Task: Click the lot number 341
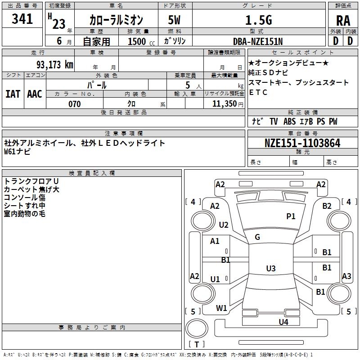pyautogui.click(x=22, y=19)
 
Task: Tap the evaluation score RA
pyautogui.click(x=343, y=21)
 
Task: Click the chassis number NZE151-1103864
pyautogui.click(x=302, y=143)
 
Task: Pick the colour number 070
pyautogui.click(x=75, y=104)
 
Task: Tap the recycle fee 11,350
pyautogui.click(x=224, y=104)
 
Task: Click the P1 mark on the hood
pyautogui.click(x=291, y=216)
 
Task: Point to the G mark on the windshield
pyautogui.click(x=257, y=237)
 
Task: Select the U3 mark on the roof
pyautogui.click(x=270, y=269)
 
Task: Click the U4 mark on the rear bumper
pyautogui.click(x=283, y=322)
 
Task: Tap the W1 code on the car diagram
pyautogui.click(x=221, y=308)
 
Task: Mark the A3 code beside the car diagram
pyautogui.click(x=346, y=276)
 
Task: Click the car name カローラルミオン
pyautogui.click(x=116, y=20)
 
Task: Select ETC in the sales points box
pyautogui.click(x=258, y=92)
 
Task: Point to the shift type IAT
pyautogui.click(x=13, y=94)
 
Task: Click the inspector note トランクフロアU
pyautogui.click(x=31, y=181)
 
